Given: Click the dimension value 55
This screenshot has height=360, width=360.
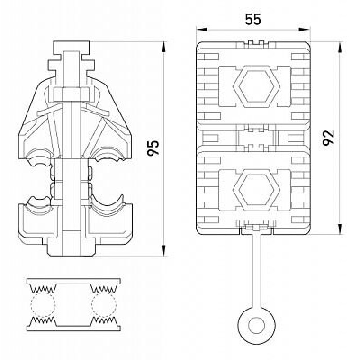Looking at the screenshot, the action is click(253, 19).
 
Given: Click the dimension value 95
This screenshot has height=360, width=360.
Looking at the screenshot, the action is click(153, 148).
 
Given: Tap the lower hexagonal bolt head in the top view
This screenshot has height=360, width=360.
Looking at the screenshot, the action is click(256, 190).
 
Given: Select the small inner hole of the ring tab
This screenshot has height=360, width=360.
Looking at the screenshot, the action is click(256, 325).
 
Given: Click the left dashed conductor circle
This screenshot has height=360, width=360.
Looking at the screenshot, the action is click(43, 305).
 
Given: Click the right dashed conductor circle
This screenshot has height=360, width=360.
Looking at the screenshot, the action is click(104, 305).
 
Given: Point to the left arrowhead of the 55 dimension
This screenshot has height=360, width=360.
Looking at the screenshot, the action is click(202, 29).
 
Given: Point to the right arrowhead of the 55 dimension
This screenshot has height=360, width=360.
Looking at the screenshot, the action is click(304, 29).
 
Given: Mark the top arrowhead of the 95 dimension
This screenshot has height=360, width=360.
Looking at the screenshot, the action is click(164, 47).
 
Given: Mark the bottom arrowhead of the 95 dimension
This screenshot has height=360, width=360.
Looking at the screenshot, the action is click(164, 250).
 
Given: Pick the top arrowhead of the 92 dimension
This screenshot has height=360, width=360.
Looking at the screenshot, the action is click(340, 48).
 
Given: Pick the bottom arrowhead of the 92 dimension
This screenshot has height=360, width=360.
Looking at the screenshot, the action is click(340, 229).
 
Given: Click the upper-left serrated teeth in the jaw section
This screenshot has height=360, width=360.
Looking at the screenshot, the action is click(43, 288).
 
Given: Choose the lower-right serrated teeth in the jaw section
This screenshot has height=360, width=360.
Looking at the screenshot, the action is click(104, 320).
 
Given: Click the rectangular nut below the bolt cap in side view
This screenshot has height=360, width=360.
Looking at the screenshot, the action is click(71, 94).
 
